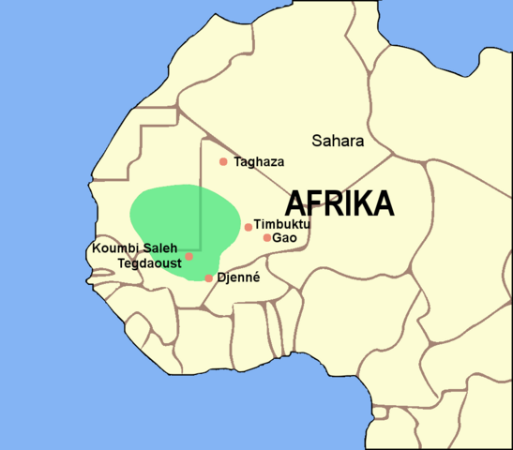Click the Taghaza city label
pyautogui.click(x=257, y=161)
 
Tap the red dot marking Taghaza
pyautogui.click(x=223, y=161)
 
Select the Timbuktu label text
pyautogui.click(x=281, y=225)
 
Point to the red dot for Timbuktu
pyautogui.click(x=248, y=227)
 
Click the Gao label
pyautogui.click(x=284, y=238)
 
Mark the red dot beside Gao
pyautogui.click(x=267, y=237)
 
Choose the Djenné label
pyautogui.click(x=237, y=278)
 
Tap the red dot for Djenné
pyautogui.click(x=208, y=278)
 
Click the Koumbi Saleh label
pyautogui.click(x=134, y=248)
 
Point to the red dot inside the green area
pyautogui.click(x=189, y=256)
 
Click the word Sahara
pyautogui.click(x=337, y=142)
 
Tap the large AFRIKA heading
pyautogui.click(x=339, y=202)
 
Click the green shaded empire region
pyautogui.click(x=174, y=220)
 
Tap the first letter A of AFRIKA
pyautogui.click(x=294, y=202)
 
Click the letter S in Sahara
pyautogui.click(x=316, y=142)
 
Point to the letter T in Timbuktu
pyautogui.click(x=257, y=225)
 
